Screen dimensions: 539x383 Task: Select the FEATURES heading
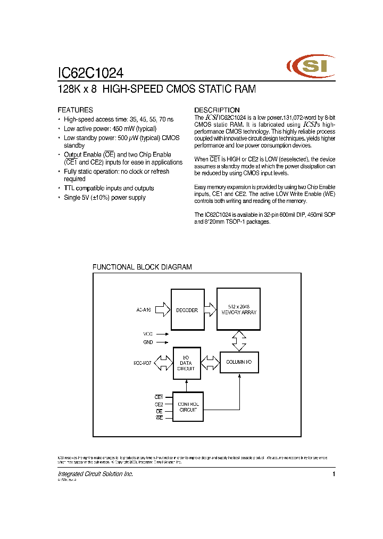coord(75,110)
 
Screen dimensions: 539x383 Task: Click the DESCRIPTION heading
coord(217,110)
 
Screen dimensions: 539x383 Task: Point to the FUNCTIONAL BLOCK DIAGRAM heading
coord(142,267)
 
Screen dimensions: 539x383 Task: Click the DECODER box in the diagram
coord(187,310)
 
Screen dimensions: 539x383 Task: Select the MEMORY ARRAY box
coord(239,309)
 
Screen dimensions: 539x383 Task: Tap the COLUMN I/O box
coord(239,363)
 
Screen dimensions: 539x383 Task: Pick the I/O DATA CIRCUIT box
coord(186,363)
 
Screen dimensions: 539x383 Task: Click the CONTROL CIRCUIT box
coord(188,406)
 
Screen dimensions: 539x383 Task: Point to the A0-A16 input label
coord(144,310)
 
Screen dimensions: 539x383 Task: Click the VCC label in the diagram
coord(147,334)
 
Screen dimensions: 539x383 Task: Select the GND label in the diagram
coord(147,342)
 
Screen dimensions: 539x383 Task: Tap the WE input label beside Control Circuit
coord(159,419)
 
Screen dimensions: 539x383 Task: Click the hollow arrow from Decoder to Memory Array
coord(211,309)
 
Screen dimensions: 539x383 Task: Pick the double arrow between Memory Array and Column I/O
coord(239,340)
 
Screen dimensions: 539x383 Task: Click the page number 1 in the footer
coord(334,474)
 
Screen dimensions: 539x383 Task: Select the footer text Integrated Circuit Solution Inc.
coord(95,474)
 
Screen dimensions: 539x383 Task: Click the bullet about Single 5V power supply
coord(104,198)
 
